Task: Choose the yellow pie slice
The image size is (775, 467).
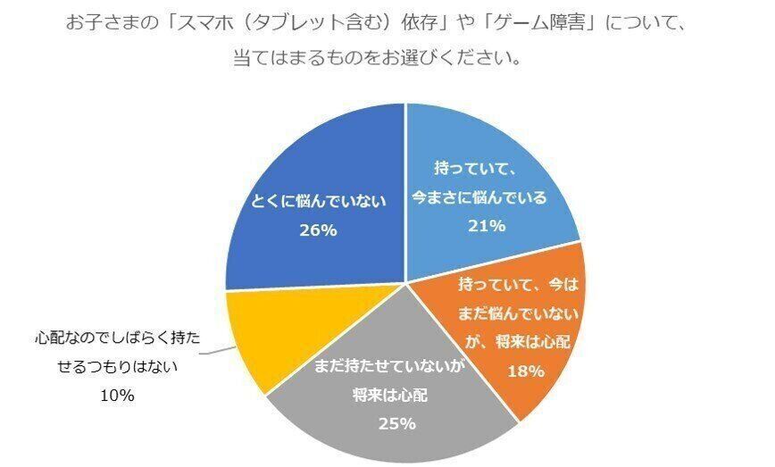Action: (254, 335)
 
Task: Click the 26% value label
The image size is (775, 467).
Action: (317, 230)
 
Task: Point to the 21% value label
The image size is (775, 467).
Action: (487, 225)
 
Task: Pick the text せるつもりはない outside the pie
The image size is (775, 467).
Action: (106, 367)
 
